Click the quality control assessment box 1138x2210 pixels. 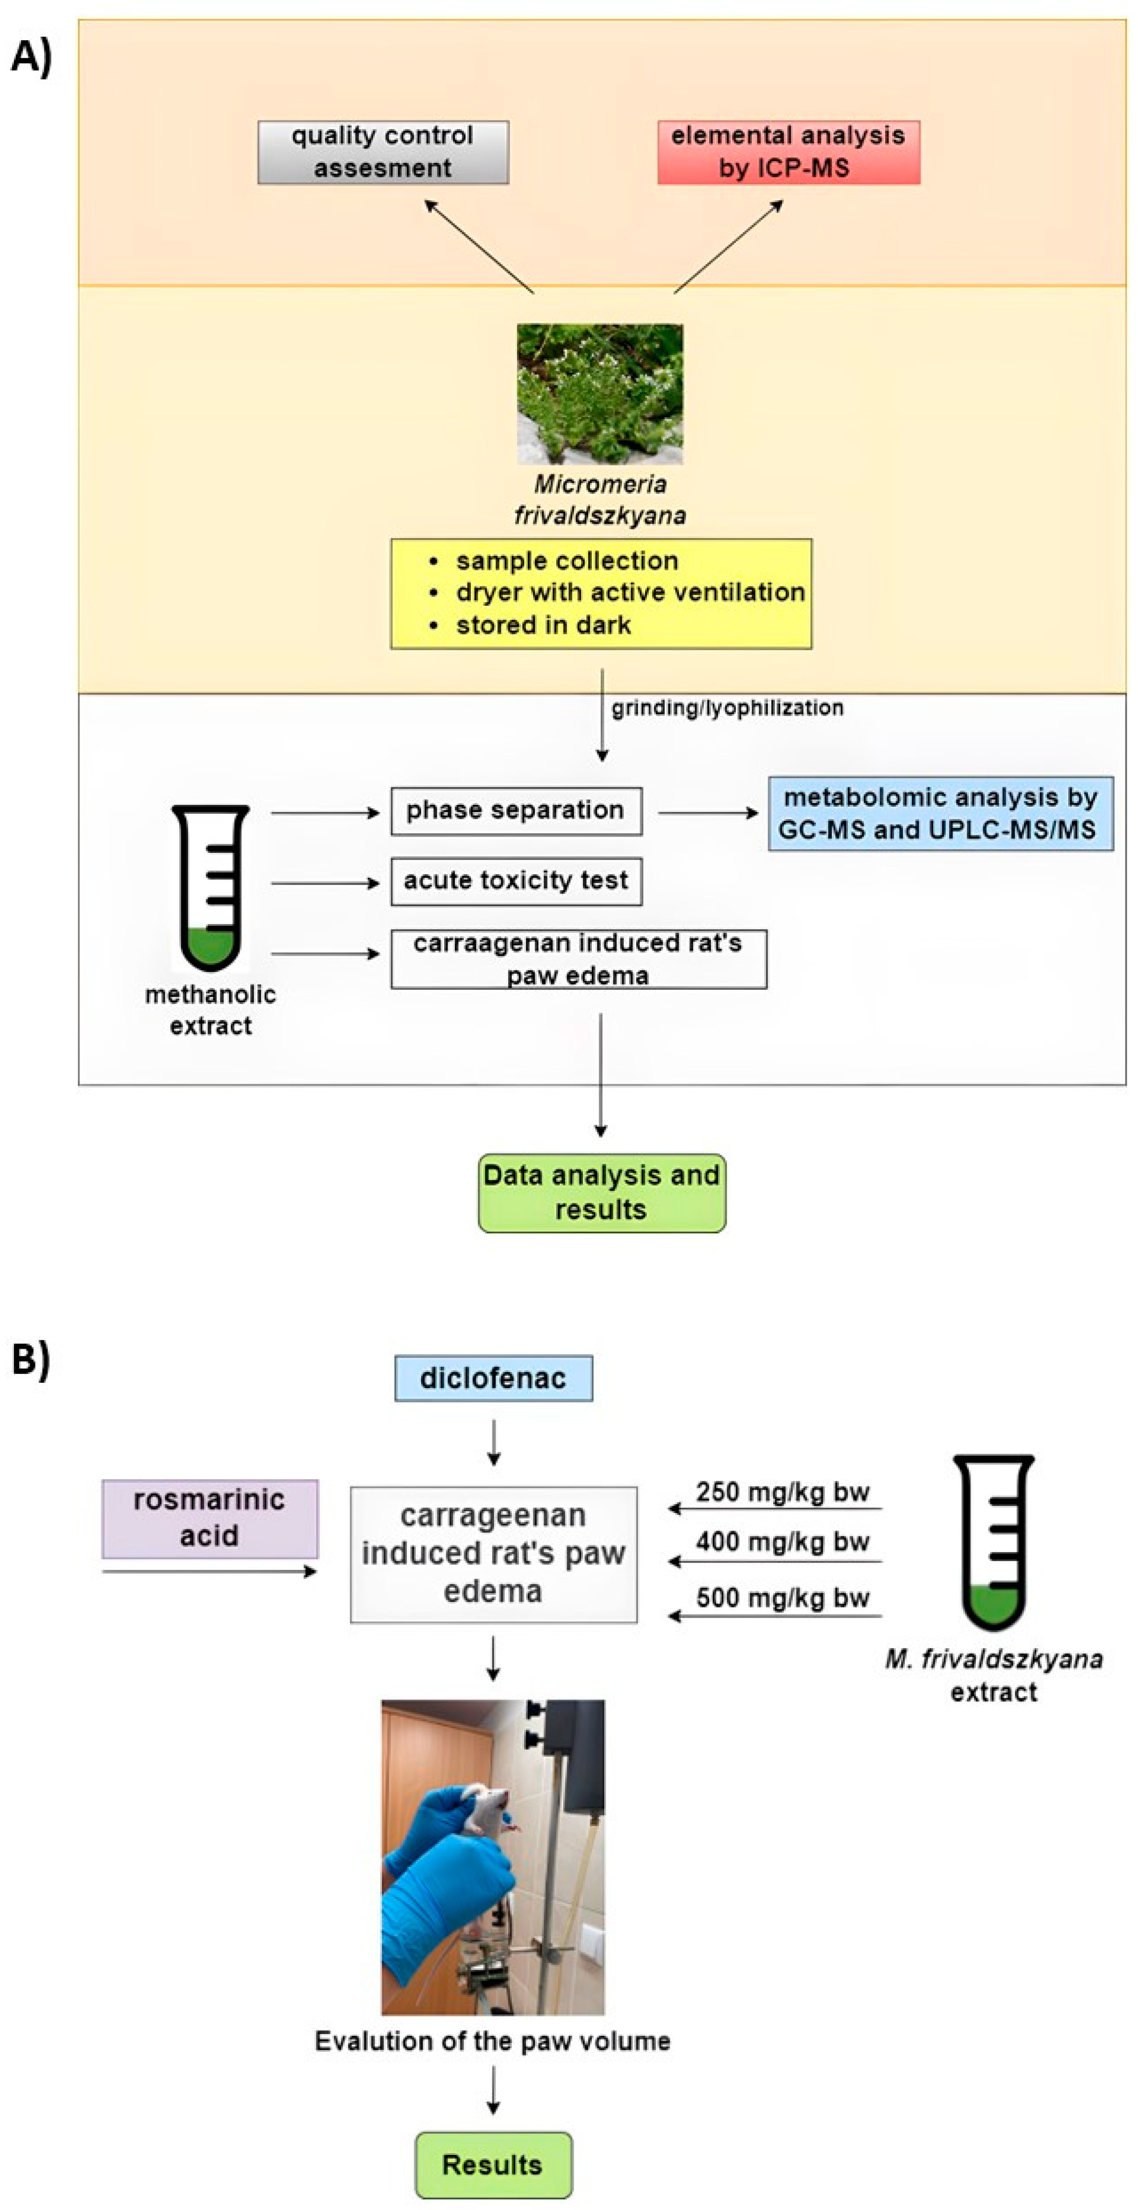point(383,152)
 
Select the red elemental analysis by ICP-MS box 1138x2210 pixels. point(788,152)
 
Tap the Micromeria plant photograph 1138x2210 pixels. point(600,394)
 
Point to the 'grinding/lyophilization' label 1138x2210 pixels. point(727,708)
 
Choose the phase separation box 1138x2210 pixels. point(516,811)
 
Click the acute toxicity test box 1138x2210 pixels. point(516,881)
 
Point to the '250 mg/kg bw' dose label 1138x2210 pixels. point(782,1492)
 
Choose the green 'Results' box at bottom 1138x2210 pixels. point(492,2164)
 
